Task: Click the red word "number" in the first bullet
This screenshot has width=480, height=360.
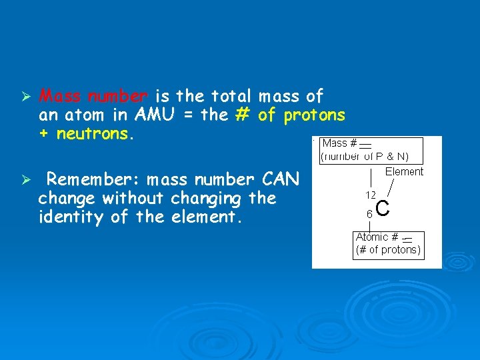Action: pyautogui.click(x=117, y=97)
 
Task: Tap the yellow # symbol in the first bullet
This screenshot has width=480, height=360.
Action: pyautogui.click(x=242, y=115)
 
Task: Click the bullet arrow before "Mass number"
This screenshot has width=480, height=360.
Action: pyautogui.click(x=24, y=97)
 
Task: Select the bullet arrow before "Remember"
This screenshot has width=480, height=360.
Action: pyautogui.click(x=24, y=181)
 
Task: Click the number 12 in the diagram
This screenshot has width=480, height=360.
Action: pyautogui.click(x=370, y=195)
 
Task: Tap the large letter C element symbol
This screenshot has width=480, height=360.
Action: pyautogui.click(x=383, y=209)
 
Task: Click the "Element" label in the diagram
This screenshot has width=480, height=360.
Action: pyautogui.click(x=404, y=172)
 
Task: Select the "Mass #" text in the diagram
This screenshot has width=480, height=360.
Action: pyautogui.click(x=340, y=143)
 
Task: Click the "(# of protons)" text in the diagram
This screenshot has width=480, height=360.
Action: pyautogui.click(x=388, y=250)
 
